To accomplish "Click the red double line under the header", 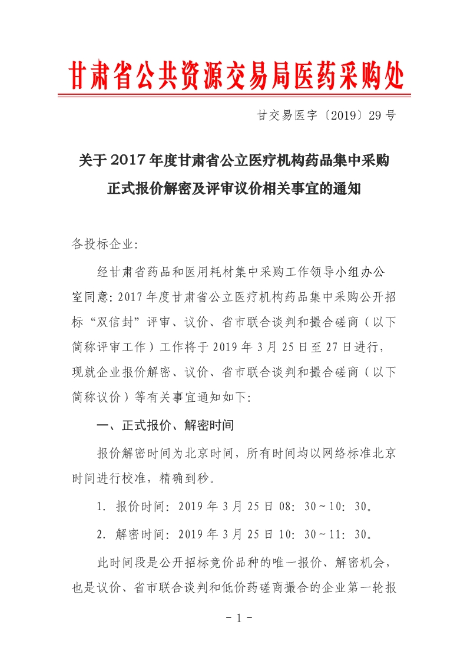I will [x=234, y=95].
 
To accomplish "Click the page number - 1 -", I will [x=234, y=619].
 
